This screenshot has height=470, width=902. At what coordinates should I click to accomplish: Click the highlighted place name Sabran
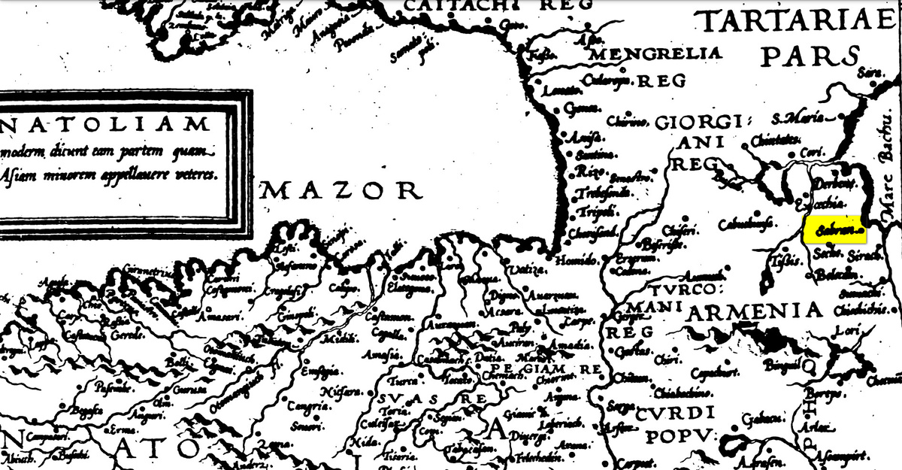[x=834, y=231]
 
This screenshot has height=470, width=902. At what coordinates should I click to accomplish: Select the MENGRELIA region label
[x=656, y=53]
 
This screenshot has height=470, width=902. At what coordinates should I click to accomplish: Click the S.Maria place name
[x=798, y=119]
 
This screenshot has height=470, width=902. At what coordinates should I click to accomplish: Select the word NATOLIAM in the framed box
[x=105, y=123]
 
